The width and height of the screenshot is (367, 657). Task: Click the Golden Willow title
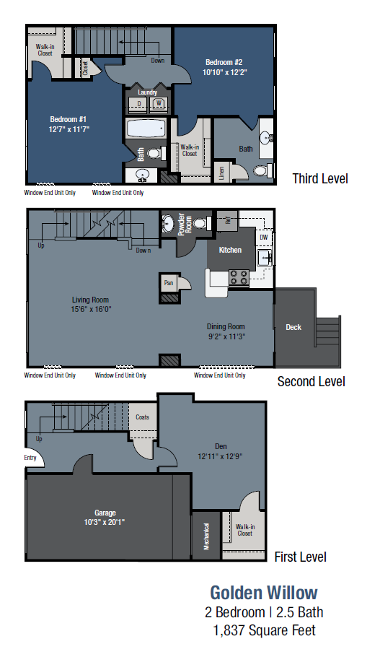click(x=263, y=593)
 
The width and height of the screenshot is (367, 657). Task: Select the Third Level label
click(x=319, y=178)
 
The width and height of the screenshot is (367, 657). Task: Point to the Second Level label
click(x=311, y=381)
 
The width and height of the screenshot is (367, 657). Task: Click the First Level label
click(x=300, y=557)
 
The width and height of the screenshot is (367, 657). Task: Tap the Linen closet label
click(x=221, y=173)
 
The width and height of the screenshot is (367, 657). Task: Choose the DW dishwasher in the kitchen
click(x=263, y=237)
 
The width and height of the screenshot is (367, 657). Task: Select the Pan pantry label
click(x=169, y=283)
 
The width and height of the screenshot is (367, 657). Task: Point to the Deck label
click(x=293, y=327)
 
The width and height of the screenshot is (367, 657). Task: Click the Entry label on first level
click(x=30, y=457)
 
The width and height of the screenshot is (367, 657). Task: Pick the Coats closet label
click(x=143, y=417)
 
